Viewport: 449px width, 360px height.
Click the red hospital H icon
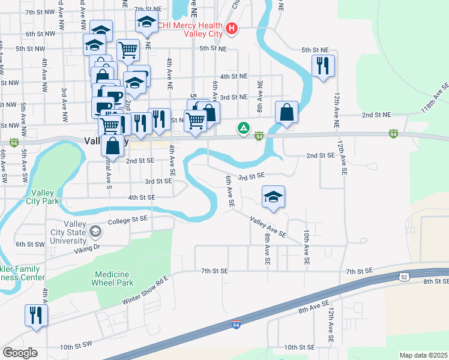coord(231,28)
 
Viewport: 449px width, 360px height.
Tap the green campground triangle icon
coord(243,127)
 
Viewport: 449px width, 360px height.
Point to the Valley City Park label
coord(43,196)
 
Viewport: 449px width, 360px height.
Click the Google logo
coord(20,353)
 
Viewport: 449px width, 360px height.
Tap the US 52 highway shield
coord(406,275)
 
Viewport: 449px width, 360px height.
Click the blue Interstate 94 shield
coord(237,324)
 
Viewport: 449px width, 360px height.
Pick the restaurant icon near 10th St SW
coord(36,315)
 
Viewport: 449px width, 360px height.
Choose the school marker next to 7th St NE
coord(145,24)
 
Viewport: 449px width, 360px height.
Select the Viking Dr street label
coord(88,246)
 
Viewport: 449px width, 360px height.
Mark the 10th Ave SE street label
coord(306,247)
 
